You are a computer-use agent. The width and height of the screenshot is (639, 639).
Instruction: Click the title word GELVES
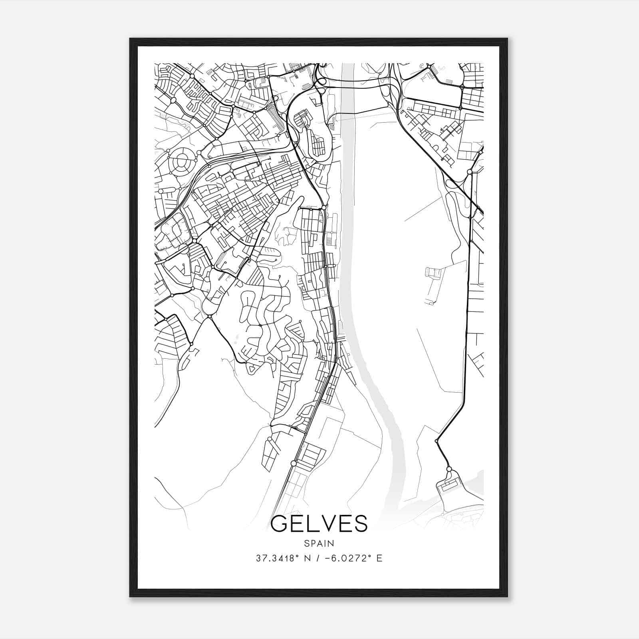pyautogui.click(x=319, y=524)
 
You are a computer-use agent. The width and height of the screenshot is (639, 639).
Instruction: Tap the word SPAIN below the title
pyautogui.click(x=319, y=543)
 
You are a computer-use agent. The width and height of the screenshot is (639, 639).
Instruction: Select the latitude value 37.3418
pyautogui.click(x=275, y=558)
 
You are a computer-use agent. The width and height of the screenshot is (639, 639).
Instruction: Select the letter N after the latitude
pyautogui.click(x=307, y=558)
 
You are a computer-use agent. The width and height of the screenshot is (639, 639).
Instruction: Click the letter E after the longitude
pyautogui.click(x=379, y=558)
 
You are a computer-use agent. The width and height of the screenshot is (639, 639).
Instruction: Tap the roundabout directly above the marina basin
pyautogui.click(x=449, y=469)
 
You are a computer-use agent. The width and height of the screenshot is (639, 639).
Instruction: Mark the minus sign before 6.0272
pyautogui.click(x=328, y=558)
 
